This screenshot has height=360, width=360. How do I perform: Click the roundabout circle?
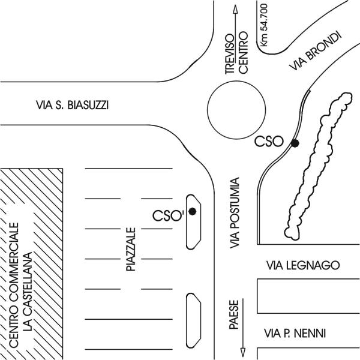click(235, 110)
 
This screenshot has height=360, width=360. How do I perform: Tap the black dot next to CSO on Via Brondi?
click(295, 142)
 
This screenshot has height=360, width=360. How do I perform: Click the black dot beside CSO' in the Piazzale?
click(192, 211)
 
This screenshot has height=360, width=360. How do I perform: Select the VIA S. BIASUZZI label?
click(72, 106)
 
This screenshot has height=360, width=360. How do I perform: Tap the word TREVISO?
click(229, 55)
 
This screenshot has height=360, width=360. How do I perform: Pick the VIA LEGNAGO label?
click(303, 265)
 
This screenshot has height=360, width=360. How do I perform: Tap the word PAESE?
click(235, 314)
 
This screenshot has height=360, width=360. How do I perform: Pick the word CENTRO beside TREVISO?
click(243, 55)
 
